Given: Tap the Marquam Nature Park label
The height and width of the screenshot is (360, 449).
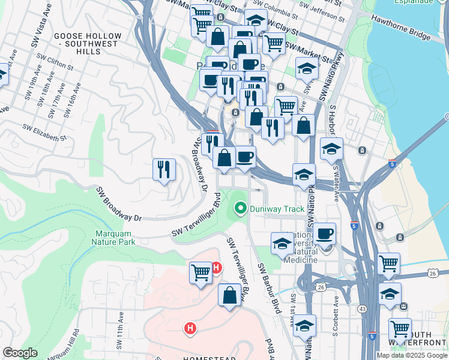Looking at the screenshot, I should pos(114,238).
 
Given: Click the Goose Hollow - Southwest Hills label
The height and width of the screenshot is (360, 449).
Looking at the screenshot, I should pos(88,40).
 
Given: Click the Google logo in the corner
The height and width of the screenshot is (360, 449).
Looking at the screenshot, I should pos(20,353).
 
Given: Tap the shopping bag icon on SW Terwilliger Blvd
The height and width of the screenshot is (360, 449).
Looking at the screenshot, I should pos(229,295).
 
